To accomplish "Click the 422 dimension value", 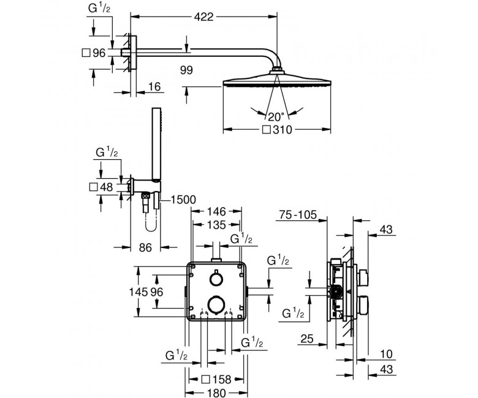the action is click(203, 17).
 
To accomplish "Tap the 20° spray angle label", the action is click(276, 116).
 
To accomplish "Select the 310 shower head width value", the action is click(283, 130).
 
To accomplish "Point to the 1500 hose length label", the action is click(183, 200).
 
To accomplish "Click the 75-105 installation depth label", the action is click(298, 215).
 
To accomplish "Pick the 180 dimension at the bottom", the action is click(216, 393).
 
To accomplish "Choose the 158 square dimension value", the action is click(222, 380).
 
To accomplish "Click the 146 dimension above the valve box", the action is click(216, 211).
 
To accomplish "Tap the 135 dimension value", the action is click(216, 225).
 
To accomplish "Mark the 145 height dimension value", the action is click(138, 292).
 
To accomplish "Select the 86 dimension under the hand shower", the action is click(145, 247).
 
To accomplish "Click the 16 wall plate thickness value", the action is click(154, 87).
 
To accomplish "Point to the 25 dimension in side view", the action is click(307, 339).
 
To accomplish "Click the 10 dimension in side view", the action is click(387, 354).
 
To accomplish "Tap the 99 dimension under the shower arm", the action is click(186, 70).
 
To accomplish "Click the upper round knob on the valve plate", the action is click(216, 279).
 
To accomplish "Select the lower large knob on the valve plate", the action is click(216, 304).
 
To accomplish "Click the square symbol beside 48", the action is click(93, 187).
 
